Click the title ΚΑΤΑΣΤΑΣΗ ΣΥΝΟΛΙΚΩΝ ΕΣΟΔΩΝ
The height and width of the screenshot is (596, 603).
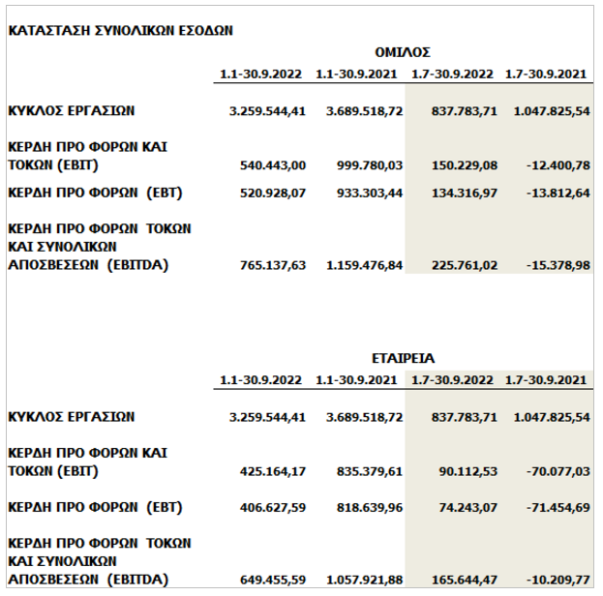[x=120, y=30]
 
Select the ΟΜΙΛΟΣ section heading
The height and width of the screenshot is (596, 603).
[x=402, y=52]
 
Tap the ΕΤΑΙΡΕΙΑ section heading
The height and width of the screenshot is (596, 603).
[x=402, y=356]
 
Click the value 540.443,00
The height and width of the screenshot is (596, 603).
[x=273, y=165]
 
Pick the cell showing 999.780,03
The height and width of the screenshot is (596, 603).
[x=365, y=165]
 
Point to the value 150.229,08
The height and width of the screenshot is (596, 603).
[x=461, y=165]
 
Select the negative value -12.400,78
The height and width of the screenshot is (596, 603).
[x=554, y=165]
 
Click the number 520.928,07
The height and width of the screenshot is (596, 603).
[x=273, y=193]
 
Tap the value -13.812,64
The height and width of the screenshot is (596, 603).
[x=554, y=193]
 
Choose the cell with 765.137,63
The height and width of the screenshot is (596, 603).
[x=273, y=264]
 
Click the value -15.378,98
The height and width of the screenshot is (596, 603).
[x=554, y=264]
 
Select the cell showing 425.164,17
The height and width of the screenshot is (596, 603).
[x=273, y=471]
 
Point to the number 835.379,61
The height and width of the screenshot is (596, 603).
[x=365, y=471]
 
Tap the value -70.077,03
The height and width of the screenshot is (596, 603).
[x=554, y=471]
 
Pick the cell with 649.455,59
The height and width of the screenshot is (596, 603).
[x=273, y=579]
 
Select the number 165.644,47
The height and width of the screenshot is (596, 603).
[x=461, y=579]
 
